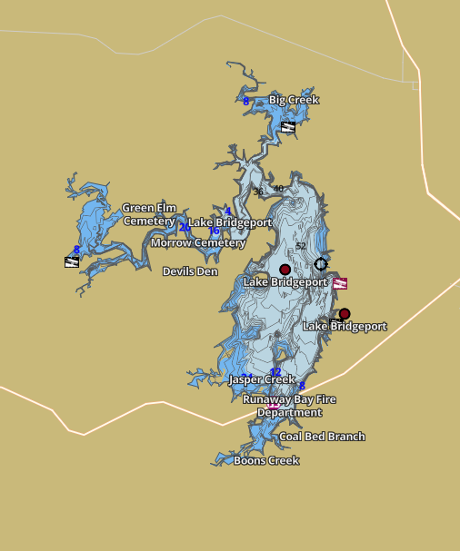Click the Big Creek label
pos(294,100)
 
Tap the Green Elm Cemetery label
pos(149,214)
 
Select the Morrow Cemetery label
pos(198,243)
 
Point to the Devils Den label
pos(190,271)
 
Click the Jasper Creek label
pos(262,379)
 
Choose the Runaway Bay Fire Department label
pos(283,406)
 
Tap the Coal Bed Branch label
pos(322,437)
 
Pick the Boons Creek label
pos(266,461)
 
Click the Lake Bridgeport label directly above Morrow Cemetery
pos(230,222)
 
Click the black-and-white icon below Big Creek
pos(288,127)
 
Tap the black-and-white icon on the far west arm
pos(72,262)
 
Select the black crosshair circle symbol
pos(321,264)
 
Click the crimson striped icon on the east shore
pos(340,283)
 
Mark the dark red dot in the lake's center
pos(285,270)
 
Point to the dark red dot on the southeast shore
pos(345,314)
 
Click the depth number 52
pos(301,247)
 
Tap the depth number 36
pos(258,192)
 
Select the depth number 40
pos(278,189)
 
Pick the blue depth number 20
pos(185,227)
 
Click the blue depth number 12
pos(275,372)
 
